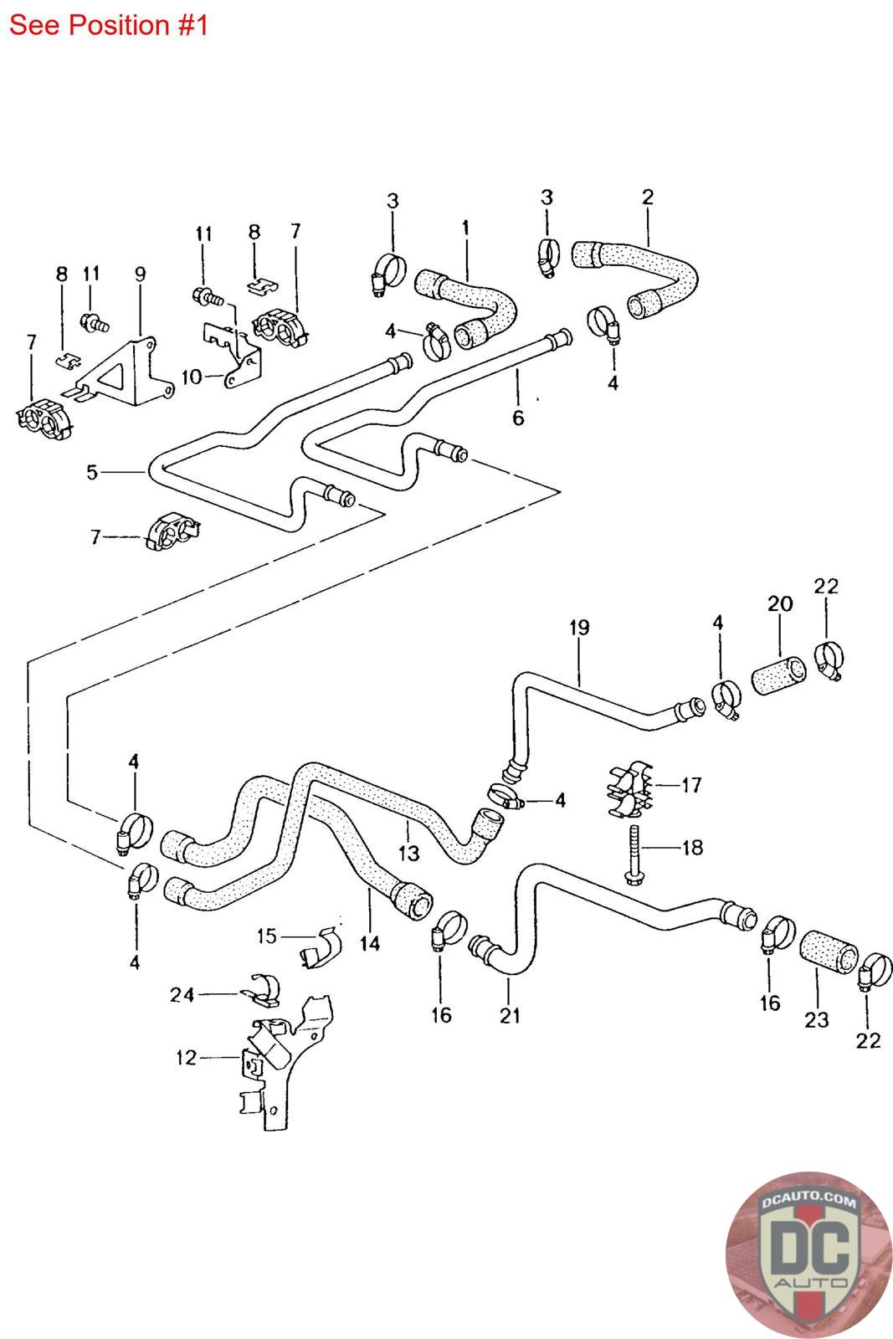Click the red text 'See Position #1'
109,25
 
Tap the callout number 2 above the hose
648,197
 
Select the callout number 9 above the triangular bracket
140,274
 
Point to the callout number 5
91,472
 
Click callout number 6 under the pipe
518,418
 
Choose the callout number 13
409,854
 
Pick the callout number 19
579,628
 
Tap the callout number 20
780,603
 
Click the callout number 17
691,785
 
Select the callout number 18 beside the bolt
693,848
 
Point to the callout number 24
182,995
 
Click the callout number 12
187,1058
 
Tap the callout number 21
510,1016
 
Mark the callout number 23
817,1020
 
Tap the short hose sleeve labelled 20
778,675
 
